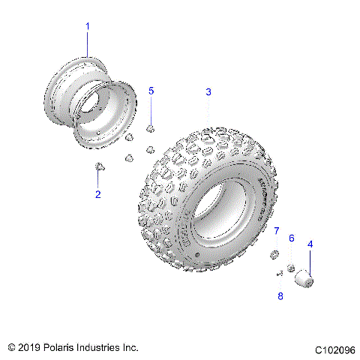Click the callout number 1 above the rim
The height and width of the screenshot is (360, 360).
[x=87, y=26]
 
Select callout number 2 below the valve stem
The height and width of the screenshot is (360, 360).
[x=97, y=194]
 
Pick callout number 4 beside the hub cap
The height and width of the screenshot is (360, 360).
[x=310, y=244]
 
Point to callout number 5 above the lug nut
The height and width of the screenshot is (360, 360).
[x=151, y=91]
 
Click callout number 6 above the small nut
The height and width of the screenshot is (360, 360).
[x=292, y=238]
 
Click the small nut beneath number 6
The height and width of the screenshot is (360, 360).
[x=290, y=268]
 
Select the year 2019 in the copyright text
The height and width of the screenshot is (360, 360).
[x=28, y=348]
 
